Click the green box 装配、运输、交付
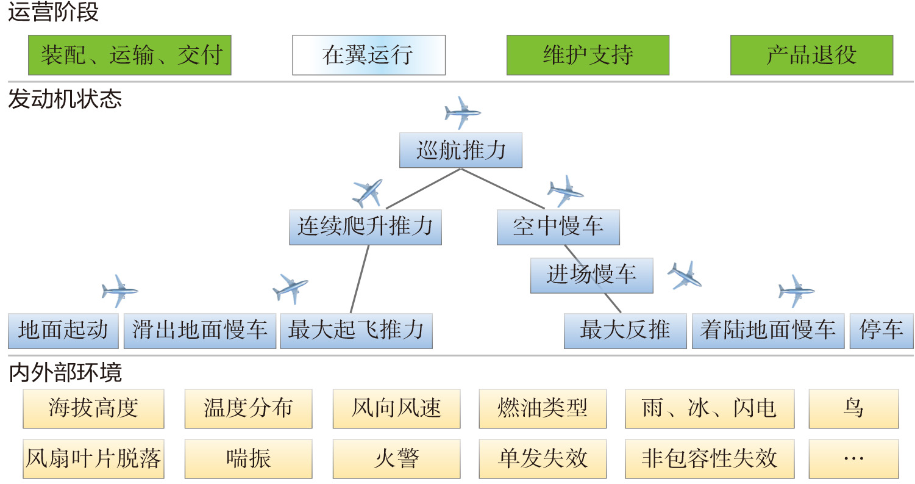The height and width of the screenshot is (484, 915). click(130, 55)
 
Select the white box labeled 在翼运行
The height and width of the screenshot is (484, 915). click(369, 55)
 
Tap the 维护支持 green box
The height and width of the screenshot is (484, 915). click(588, 55)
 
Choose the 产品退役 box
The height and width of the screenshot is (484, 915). click(811, 55)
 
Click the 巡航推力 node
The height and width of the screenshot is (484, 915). click(461, 150)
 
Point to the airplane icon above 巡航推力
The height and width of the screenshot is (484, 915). click(463, 112)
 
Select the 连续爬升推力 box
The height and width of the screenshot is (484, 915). click(365, 227)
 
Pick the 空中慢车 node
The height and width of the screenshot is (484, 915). click(558, 227)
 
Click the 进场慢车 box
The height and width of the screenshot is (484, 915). click(591, 275)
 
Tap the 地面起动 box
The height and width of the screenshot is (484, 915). click(63, 331)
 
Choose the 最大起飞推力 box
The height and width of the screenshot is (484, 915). click(356, 331)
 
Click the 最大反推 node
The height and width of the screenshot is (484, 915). click(625, 331)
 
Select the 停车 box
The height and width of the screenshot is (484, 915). click(881, 331)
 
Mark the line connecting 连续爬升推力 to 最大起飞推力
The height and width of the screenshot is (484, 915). click(360, 280)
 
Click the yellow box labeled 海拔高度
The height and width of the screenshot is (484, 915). click(93, 408)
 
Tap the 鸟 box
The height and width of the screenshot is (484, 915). click(853, 408)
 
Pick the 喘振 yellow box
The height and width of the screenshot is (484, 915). click(248, 458)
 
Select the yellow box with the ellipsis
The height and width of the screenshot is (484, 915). click(853, 458)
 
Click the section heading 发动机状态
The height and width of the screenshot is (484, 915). click(65, 99)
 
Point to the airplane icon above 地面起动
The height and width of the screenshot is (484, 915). click(119, 291)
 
